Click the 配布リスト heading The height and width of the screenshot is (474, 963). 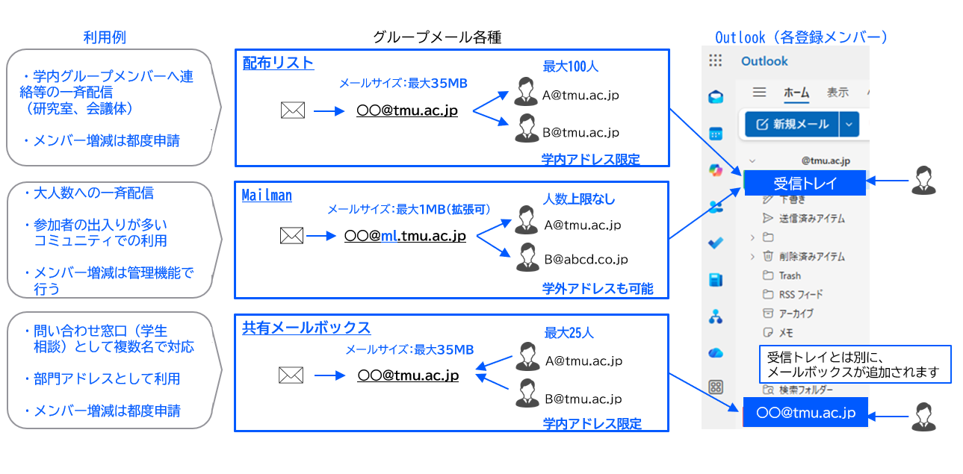tap(278, 63)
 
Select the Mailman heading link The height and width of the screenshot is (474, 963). tap(267, 196)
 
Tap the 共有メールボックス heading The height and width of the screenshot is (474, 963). tap(306, 328)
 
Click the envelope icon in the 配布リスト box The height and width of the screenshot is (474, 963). tap(293, 111)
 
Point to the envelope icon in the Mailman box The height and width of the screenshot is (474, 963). tap(291, 236)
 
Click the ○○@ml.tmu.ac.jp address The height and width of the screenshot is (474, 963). tap(405, 236)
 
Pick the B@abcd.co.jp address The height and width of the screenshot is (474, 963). tap(586, 260)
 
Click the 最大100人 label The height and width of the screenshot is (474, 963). tap(571, 66)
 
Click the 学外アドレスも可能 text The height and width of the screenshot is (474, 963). tap(598, 289)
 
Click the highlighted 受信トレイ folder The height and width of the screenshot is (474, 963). tap(805, 183)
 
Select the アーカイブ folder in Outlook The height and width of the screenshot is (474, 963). tap(796, 314)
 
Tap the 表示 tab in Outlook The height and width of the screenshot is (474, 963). tap(837, 93)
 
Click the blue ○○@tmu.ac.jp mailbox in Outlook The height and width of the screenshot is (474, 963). tap(805, 412)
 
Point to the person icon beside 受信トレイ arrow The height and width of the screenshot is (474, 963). tap(923, 181)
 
